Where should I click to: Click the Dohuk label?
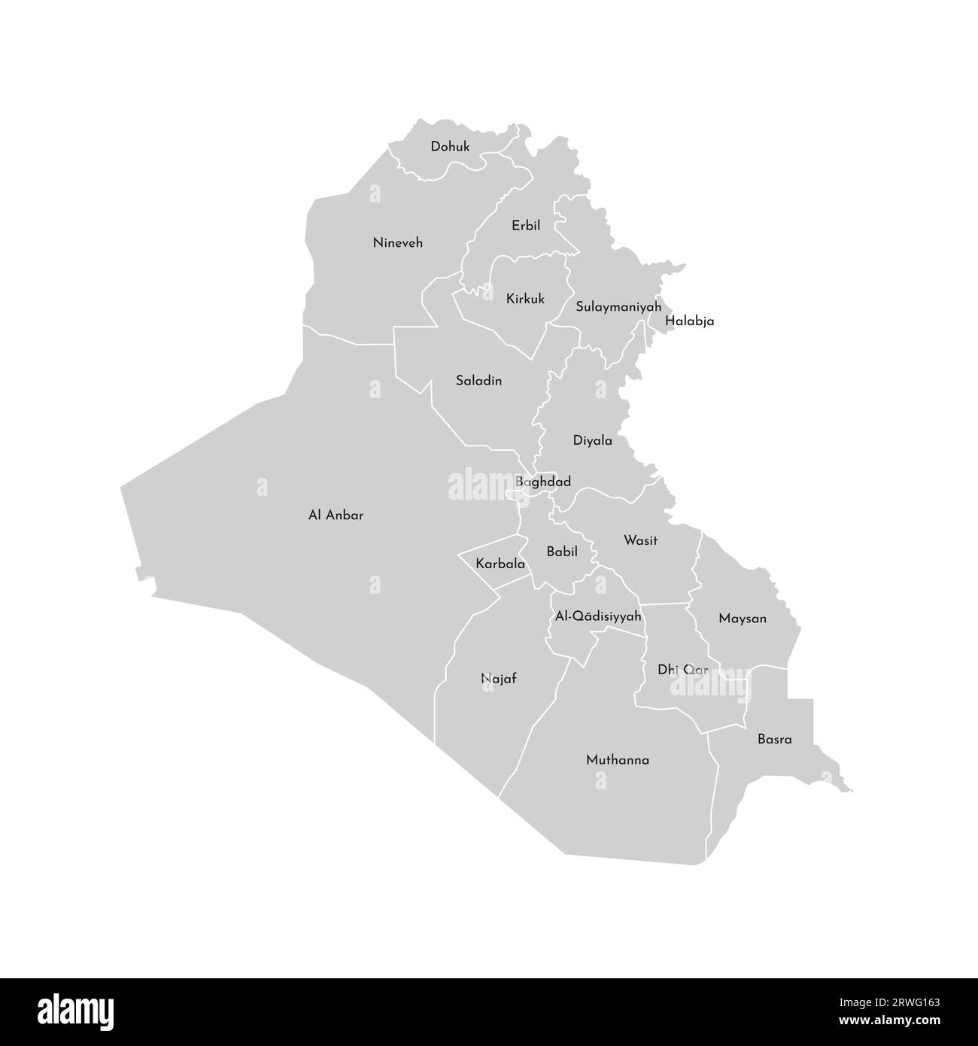(450, 147)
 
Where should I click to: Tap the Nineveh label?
(398, 243)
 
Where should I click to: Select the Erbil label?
(526, 226)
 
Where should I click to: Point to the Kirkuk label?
(525, 299)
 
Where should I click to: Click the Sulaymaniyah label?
(618, 307)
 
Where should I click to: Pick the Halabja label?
(690, 321)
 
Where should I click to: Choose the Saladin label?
(478, 381)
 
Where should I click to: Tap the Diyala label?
(593, 441)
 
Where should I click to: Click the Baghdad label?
(543, 482)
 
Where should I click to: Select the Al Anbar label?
(336, 515)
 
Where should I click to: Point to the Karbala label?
(500, 563)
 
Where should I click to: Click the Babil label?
(562, 552)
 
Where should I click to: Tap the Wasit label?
(641, 540)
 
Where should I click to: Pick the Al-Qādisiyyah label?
(598, 616)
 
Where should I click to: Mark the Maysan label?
(743, 619)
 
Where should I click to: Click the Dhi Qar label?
(683, 669)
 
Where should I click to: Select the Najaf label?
(499, 679)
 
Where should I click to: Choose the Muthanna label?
(618, 760)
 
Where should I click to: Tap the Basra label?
(775, 739)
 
